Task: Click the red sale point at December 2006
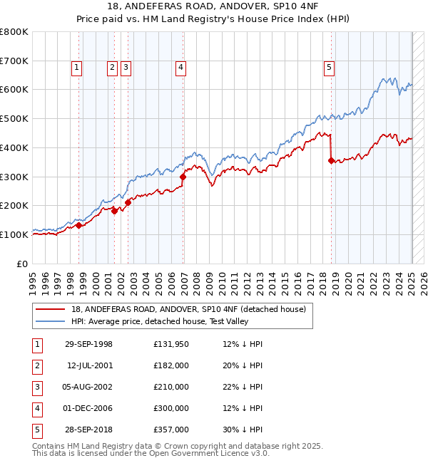pyautogui.click(x=183, y=176)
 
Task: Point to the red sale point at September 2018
pyautogui.click(x=331, y=160)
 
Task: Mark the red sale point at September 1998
pyautogui.click(x=79, y=225)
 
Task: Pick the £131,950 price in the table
pyautogui.click(x=170, y=344)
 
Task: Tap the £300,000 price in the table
pyautogui.click(x=170, y=408)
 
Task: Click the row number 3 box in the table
pyautogui.click(x=36, y=387)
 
